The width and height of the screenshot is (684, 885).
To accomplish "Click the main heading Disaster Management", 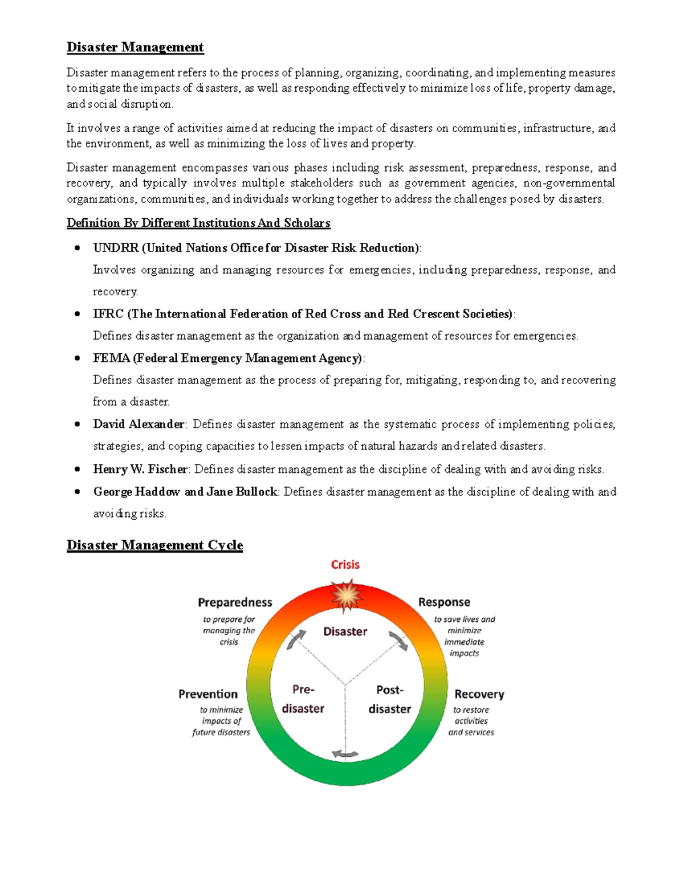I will tap(135, 47).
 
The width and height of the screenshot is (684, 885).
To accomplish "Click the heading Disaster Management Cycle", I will tap(154, 545).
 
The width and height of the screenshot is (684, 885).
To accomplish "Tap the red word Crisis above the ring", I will tap(345, 565).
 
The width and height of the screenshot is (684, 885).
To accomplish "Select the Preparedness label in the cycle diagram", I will tap(235, 602).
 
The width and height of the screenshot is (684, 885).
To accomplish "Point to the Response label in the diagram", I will tap(444, 602).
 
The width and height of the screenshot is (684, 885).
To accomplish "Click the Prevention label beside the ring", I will tap(207, 694).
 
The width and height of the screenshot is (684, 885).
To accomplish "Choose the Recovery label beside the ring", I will tap(479, 694).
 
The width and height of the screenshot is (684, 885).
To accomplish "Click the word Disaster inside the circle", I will tap(345, 631).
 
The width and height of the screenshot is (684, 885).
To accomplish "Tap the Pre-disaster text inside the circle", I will tap(303, 699).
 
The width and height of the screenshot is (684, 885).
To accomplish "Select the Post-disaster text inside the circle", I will tap(389, 699).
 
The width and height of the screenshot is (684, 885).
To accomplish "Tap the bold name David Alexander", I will tap(139, 425).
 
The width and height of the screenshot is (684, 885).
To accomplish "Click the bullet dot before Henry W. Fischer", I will tap(77, 470).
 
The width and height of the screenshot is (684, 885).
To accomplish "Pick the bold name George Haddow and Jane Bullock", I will tap(185, 492).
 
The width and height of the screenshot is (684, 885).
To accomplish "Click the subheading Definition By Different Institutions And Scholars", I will tap(198, 223).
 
